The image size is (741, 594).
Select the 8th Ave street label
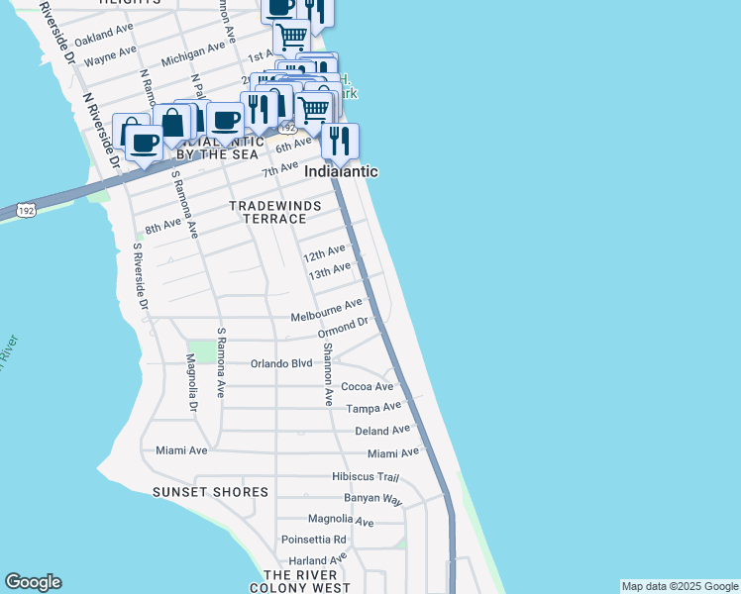coord(163,227)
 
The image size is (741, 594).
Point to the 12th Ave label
coord(324,253)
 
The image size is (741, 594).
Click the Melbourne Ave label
coord(328,312)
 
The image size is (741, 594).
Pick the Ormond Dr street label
coord(343,328)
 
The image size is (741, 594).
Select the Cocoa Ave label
coord(367,386)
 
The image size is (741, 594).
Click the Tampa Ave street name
coord(373,407)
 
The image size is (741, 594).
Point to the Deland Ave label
coord(381,431)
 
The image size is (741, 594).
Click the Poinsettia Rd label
coord(313,540)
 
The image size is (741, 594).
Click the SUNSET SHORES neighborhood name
coord(210,492)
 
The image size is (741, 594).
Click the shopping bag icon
coord(171,124)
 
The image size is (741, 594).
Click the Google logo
coord(33,582)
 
